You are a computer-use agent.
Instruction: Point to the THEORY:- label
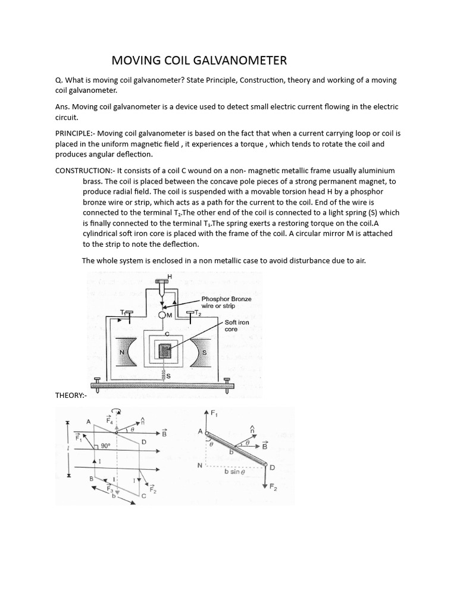tap(71, 395)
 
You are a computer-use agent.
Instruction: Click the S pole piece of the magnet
tap(204, 351)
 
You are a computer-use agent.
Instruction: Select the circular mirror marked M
tap(162, 315)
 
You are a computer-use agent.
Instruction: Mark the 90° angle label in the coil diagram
tap(105, 445)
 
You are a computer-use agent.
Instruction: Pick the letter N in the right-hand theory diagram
tap(201, 466)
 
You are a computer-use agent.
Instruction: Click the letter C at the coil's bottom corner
tap(143, 495)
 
